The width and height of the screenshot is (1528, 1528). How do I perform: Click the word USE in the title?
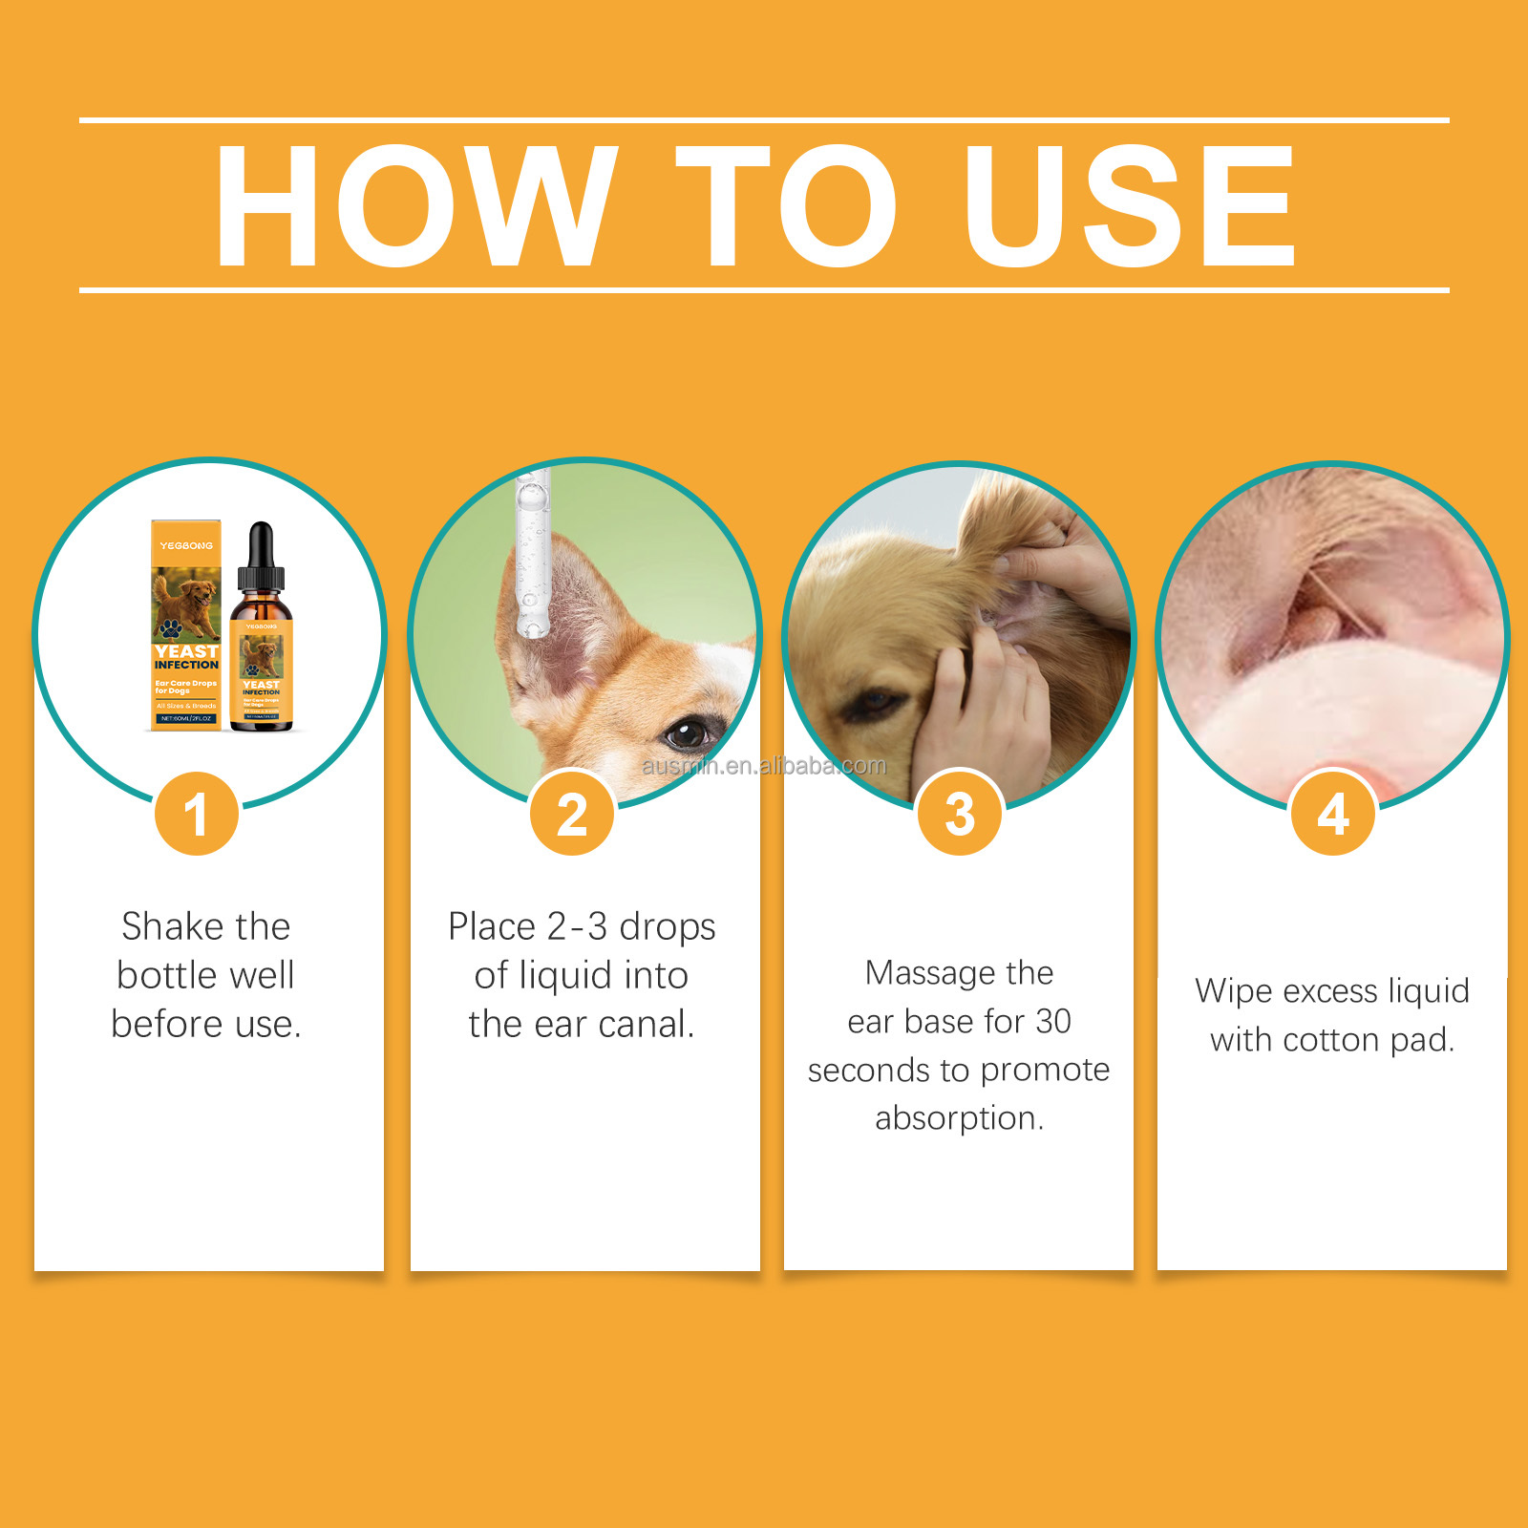pos(1129,205)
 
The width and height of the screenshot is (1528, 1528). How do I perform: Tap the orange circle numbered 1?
pos(197,814)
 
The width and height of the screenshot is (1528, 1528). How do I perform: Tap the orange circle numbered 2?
pos(572,814)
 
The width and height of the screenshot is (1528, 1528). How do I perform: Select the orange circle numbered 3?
pos(960,814)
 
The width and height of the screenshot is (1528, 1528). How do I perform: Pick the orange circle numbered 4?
pos(1333,814)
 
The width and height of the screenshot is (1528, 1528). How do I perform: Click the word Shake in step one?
pos(172,926)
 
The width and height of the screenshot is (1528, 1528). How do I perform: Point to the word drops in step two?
pos(667,927)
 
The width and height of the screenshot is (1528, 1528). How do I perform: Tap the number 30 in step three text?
pos(1052,1021)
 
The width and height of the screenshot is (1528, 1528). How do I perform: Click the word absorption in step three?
pos(959,1117)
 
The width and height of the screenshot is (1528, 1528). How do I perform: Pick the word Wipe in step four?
pos(1233,991)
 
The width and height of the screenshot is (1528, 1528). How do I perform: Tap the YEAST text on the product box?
pos(186,650)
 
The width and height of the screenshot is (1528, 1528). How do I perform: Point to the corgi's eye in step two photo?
pos(685,733)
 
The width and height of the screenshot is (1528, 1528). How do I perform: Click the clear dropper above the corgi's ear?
pos(532,554)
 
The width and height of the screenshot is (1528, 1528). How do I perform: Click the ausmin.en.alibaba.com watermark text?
pos(764,766)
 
